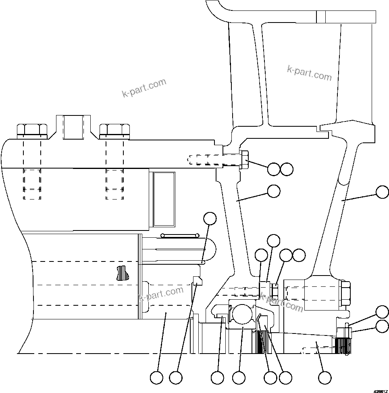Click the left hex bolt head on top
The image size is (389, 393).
click(32, 129)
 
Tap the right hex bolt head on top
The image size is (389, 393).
click(114, 129)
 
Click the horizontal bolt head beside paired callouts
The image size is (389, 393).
click(245, 160)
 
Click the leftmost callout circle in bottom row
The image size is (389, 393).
click(156, 378)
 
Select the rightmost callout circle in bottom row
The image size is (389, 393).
click(325, 378)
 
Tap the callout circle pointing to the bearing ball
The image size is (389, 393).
click(239, 378)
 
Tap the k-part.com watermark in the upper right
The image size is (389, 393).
click(309, 73)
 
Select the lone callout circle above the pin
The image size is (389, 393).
click(210, 218)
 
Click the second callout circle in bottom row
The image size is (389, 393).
click(176, 378)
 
